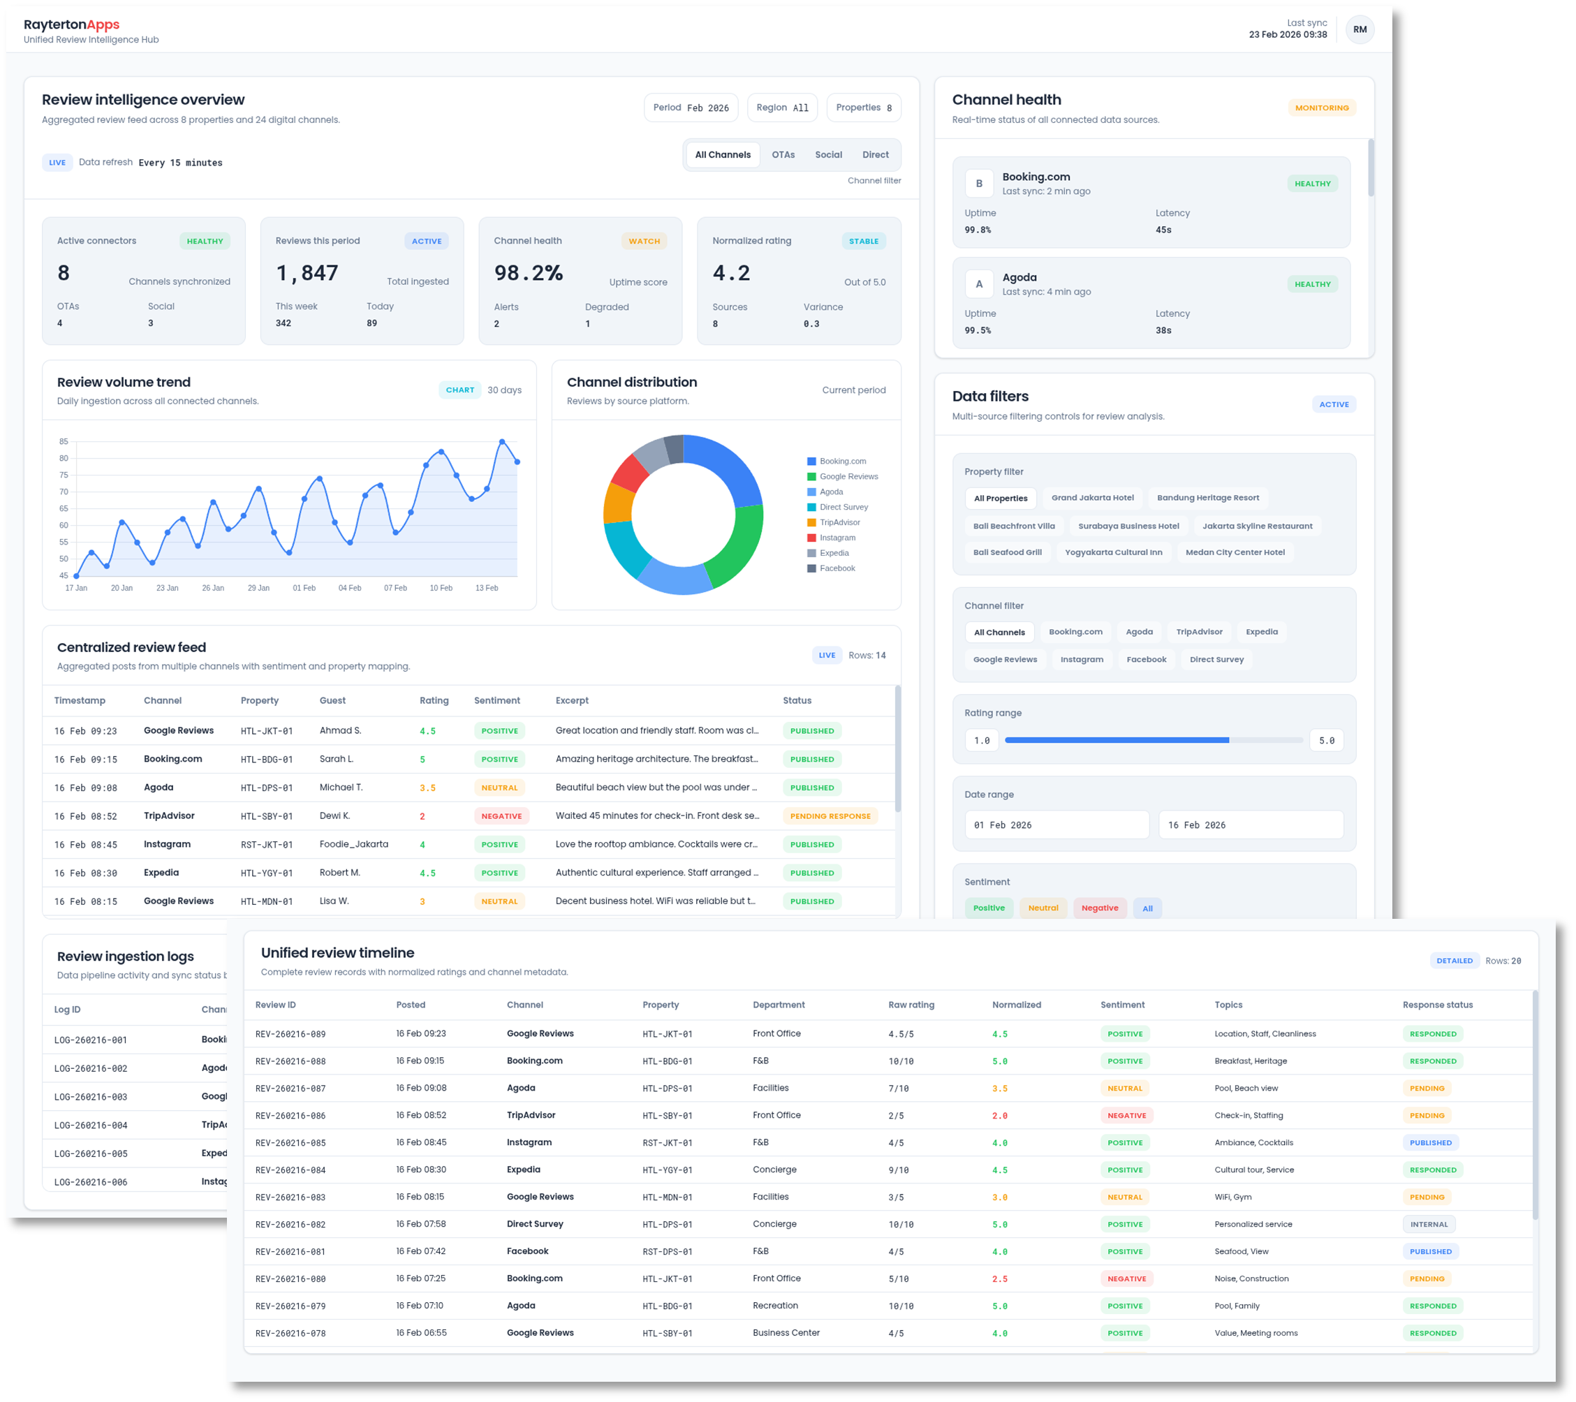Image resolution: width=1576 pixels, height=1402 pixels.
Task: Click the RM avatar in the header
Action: pyautogui.click(x=1360, y=29)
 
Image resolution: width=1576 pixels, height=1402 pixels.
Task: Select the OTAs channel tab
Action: pyautogui.click(x=783, y=155)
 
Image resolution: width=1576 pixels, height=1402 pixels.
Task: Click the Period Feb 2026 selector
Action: pyautogui.click(x=690, y=108)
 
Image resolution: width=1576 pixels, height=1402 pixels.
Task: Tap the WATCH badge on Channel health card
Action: pyautogui.click(x=644, y=242)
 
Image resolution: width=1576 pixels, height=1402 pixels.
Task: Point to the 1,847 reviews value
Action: pyautogui.click(x=307, y=273)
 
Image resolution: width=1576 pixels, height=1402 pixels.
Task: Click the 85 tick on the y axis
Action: pyautogui.click(x=64, y=442)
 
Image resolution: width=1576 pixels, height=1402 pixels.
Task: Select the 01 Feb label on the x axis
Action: pyautogui.click(x=304, y=589)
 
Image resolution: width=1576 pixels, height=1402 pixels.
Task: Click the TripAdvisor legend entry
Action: pyautogui.click(x=839, y=523)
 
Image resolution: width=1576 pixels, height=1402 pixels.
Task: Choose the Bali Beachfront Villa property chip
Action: pyautogui.click(x=1013, y=526)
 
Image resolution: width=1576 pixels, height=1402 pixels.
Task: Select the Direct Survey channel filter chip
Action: pyautogui.click(x=1216, y=659)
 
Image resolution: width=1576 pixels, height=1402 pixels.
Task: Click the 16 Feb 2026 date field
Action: pyautogui.click(x=1250, y=825)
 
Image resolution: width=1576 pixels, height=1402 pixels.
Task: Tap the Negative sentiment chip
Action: pyautogui.click(x=1100, y=908)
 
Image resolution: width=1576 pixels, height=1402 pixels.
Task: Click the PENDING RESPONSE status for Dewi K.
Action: pyautogui.click(x=830, y=817)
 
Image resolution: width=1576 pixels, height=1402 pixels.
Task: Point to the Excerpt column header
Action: pyautogui.click(x=571, y=701)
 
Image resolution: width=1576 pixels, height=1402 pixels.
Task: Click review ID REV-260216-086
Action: pyautogui.click(x=290, y=1116)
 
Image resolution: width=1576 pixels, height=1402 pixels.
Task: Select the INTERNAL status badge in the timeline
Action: pyautogui.click(x=1429, y=1225)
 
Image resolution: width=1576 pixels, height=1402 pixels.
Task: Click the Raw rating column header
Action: pyautogui.click(x=911, y=1005)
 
